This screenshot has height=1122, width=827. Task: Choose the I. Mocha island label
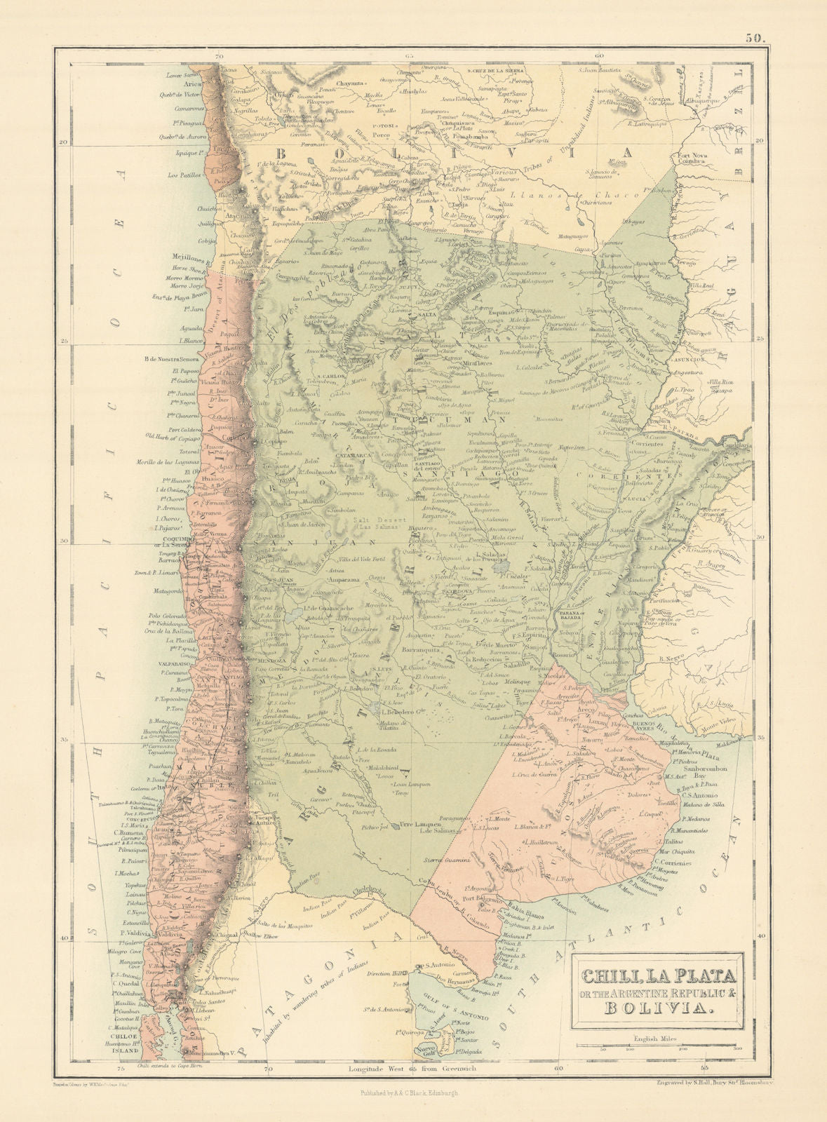126,874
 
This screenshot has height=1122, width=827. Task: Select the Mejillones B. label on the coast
183,257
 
